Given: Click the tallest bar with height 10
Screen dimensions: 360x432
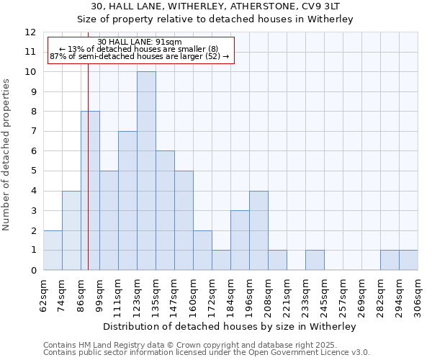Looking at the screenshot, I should (x=146, y=171).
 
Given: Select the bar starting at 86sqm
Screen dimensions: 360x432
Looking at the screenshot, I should (x=90, y=191).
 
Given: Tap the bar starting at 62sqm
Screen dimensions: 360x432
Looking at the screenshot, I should (x=53, y=251).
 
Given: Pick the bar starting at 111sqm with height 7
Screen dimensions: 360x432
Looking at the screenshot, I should (x=127, y=201).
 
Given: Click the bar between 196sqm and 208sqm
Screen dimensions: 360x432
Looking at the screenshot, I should (x=258, y=230).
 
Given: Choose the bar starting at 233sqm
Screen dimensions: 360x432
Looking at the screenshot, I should (x=315, y=260).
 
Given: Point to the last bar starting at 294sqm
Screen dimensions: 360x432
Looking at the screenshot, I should (x=408, y=260).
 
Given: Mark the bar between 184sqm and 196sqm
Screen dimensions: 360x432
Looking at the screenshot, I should (x=240, y=240).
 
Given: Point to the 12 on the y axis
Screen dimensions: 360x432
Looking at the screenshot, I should (x=30, y=32).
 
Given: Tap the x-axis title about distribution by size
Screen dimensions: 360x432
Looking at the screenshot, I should (x=230, y=326).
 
